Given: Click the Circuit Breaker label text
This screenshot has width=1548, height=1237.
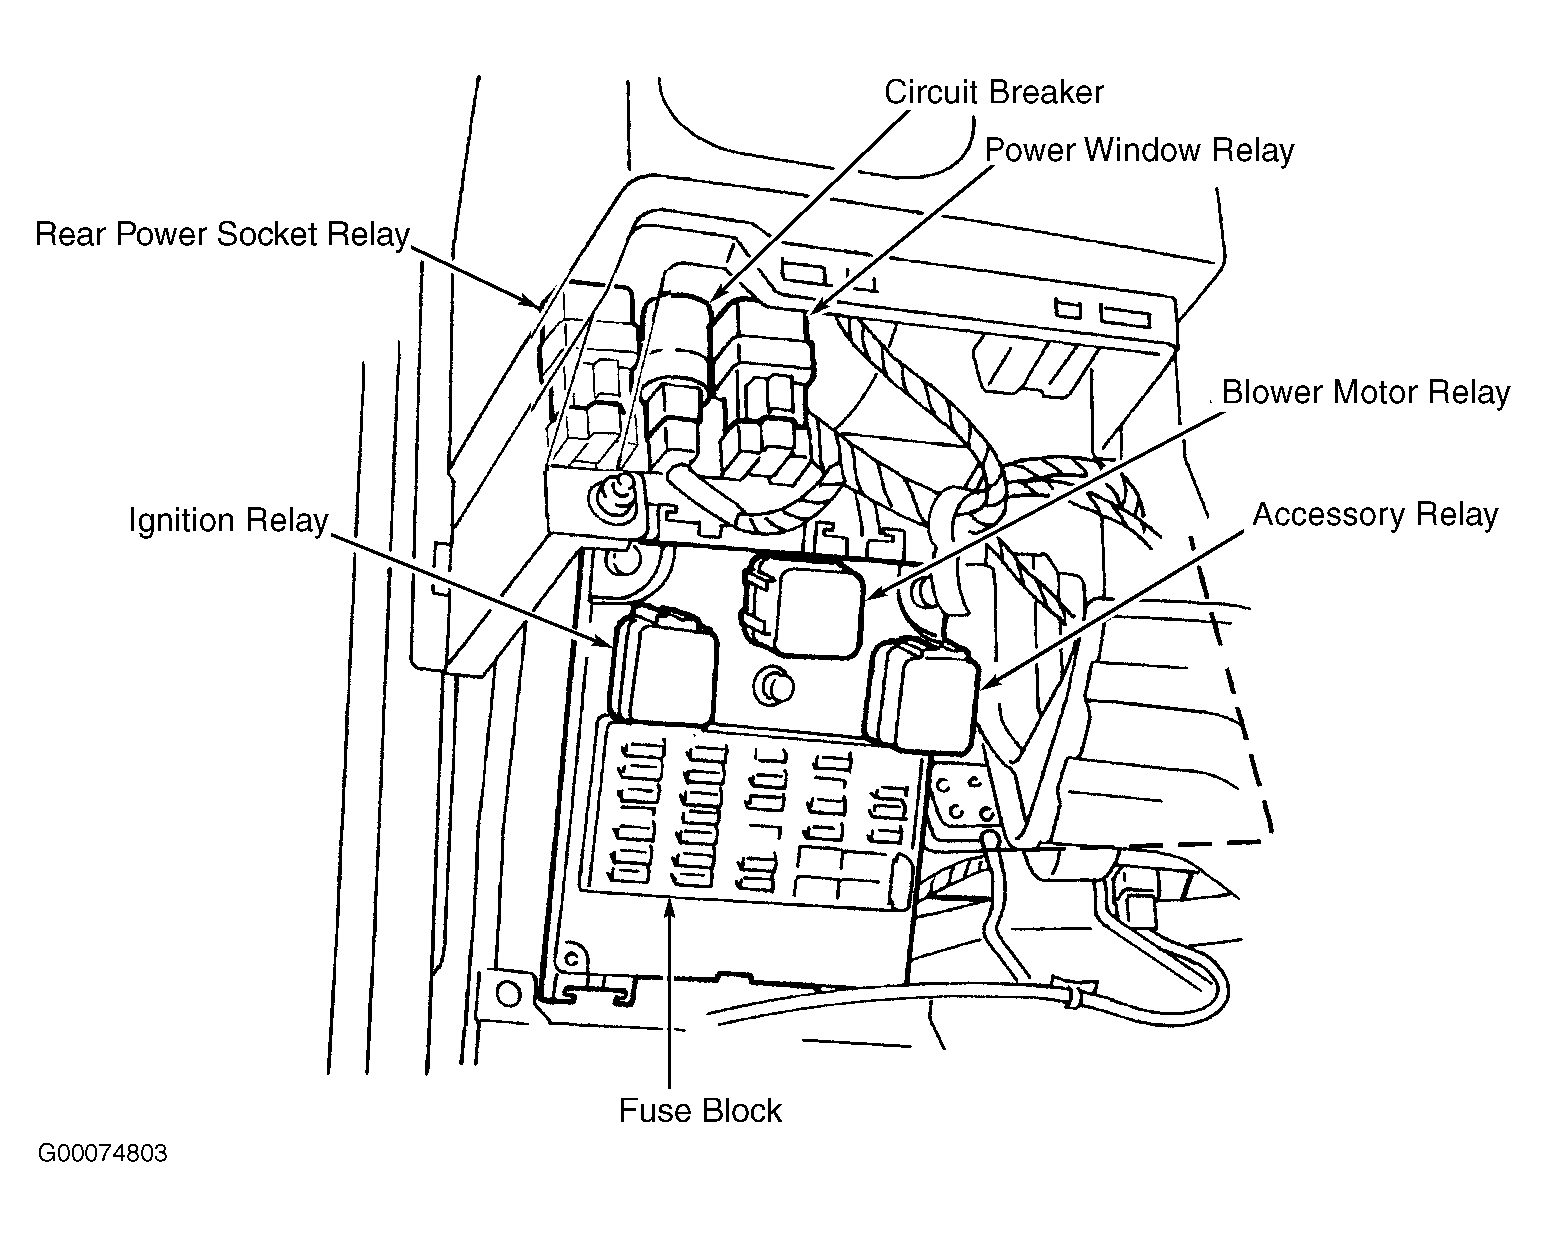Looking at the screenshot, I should coord(993,92).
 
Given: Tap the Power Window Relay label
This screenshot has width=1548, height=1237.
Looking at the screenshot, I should coord(1139,150).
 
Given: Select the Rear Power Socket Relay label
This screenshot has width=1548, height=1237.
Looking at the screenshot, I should coord(222,234).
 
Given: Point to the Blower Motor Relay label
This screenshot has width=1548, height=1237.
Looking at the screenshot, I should coord(1365,392).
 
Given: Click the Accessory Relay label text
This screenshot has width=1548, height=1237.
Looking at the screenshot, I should coord(1375,515).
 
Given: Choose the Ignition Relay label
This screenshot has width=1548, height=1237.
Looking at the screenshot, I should coord(228,521).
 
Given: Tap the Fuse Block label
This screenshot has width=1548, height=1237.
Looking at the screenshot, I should coord(699,1111).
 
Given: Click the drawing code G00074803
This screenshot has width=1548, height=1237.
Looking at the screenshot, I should coord(102,1154).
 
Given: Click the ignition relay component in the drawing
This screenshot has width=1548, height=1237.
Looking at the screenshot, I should coord(665,668).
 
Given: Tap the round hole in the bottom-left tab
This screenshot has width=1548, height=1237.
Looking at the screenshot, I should coord(508,993).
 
